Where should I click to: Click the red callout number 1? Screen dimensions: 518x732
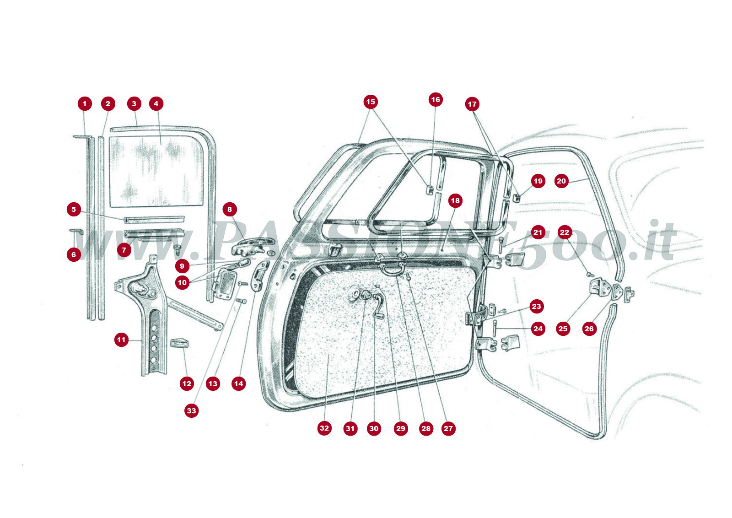(x=85, y=104)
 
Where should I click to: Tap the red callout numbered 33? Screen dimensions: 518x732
(x=191, y=411)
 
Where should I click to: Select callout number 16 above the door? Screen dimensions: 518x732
(x=436, y=100)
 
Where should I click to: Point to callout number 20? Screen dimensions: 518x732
(x=561, y=181)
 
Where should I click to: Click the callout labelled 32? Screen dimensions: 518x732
(x=324, y=428)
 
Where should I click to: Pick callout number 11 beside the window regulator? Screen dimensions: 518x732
(x=121, y=340)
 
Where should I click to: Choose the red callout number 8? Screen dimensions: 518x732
(x=230, y=210)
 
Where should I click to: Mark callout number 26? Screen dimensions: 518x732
(x=589, y=329)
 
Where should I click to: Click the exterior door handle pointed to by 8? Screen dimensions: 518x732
(x=249, y=246)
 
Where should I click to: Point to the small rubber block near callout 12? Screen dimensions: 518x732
(x=180, y=343)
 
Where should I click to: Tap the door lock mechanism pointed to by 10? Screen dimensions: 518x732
(x=226, y=284)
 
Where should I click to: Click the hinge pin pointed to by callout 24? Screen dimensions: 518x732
(x=495, y=328)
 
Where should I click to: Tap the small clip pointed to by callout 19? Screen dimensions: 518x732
(x=517, y=198)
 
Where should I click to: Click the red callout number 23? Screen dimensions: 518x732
(x=537, y=307)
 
